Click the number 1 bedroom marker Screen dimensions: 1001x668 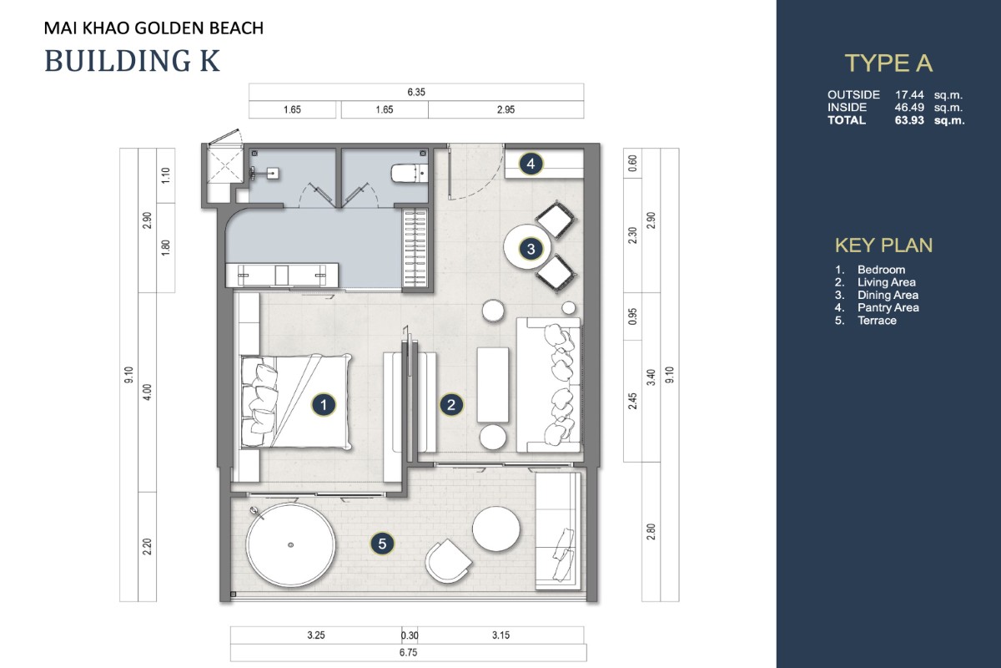(324, 405)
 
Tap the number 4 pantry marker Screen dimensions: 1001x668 (531, 164)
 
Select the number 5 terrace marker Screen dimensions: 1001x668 (382, 544)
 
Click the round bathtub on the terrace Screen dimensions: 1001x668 (291, 544)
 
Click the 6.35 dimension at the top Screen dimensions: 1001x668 (416, 92)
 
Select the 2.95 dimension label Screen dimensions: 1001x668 (506, 109)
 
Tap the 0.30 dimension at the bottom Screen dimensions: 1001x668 (410, 635)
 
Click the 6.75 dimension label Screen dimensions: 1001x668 (409, 652)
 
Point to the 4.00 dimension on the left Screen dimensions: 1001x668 (148, 392)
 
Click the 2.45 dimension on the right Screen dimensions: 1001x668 (632, 401)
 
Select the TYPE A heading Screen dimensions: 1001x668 (888, 63)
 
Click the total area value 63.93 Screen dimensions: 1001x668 (909, 120)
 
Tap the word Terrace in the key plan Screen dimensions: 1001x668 (877, 321)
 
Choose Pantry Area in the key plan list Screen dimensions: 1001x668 (888, 308)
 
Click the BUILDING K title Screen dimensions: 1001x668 (133, 61)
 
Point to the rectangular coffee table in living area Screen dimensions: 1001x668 (492, 385)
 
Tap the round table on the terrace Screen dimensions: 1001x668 (496, 529)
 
